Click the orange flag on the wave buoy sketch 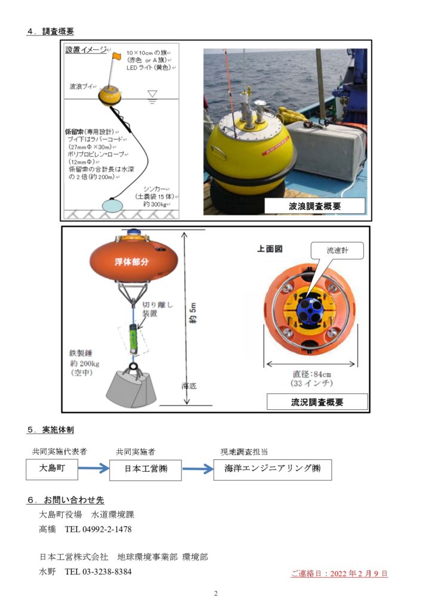(116, 56)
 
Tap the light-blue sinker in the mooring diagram (112, 204)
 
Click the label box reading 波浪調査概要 (314, 206)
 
